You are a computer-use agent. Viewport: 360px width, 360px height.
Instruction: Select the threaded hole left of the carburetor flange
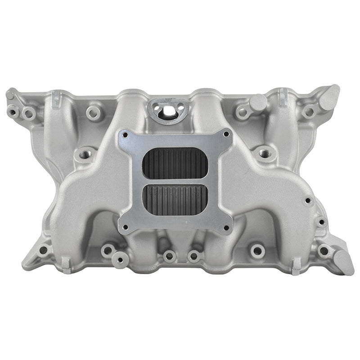(x=84, y=155)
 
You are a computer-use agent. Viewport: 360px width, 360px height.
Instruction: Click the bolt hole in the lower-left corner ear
(x=44, y=250)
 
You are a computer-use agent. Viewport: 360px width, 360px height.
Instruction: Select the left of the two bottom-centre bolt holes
(x=169, y=256)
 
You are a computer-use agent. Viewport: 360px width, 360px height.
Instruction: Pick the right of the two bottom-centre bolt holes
(x=194, y=256)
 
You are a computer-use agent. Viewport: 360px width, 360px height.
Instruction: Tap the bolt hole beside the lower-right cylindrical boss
(x=324, y=251)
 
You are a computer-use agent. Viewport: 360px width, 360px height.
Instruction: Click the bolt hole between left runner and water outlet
(x=94, y=112)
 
